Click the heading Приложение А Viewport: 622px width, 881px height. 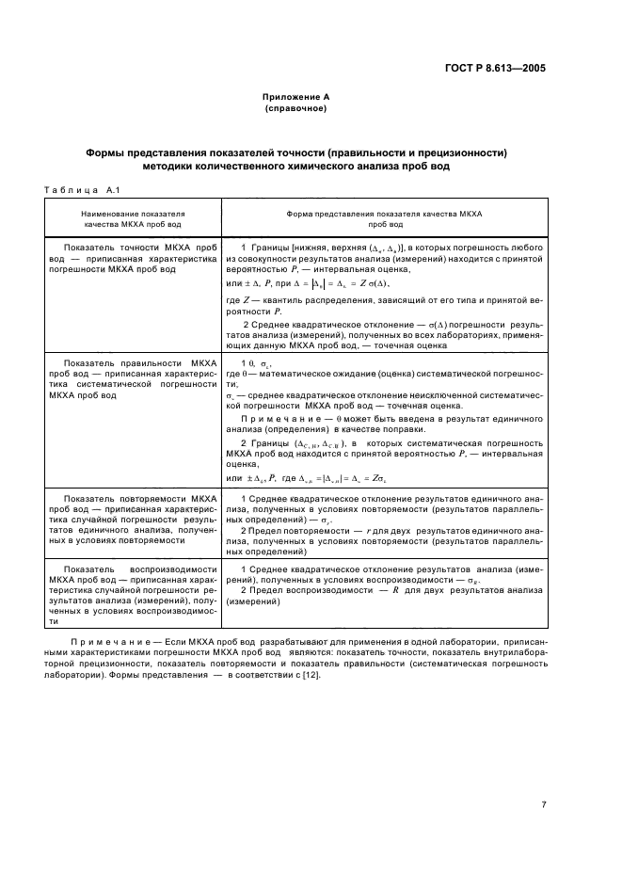click(295, 97)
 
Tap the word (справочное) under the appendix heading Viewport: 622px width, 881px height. click(295, 108)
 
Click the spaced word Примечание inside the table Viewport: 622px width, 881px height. click(278, 418)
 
